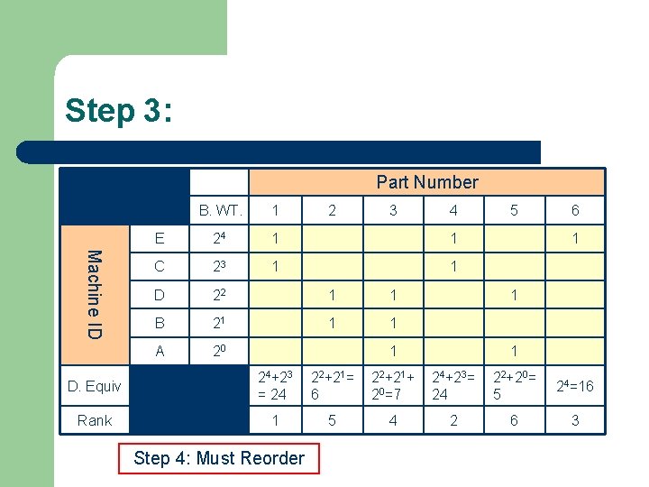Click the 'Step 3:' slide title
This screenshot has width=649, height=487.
point(118,111)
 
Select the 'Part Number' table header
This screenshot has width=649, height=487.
point(427,182)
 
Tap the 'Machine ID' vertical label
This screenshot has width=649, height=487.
point(95,295)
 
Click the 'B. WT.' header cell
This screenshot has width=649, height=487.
point(219,210)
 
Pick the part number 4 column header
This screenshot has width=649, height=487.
point(453,210)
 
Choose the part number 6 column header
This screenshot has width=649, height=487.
point(575,210)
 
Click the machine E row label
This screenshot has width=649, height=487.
point(160,238)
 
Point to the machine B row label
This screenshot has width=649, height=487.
point(160,323)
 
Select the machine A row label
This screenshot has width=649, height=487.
point(160,351)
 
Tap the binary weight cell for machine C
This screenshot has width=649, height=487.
point(219,266)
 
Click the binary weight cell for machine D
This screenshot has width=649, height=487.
point(219,295)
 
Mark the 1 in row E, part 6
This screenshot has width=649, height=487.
point(575,238)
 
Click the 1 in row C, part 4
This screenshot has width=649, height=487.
point(453,266)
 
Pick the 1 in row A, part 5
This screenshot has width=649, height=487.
point(514,351)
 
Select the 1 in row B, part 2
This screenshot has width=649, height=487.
point(332,323)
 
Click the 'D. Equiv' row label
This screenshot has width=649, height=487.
point(95,386)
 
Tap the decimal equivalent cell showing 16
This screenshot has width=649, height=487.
point(575,386)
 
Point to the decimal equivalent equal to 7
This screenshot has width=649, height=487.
point(393,386)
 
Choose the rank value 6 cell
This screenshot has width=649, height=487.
point(514,420)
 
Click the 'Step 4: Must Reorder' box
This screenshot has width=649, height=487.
point(219,458)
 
